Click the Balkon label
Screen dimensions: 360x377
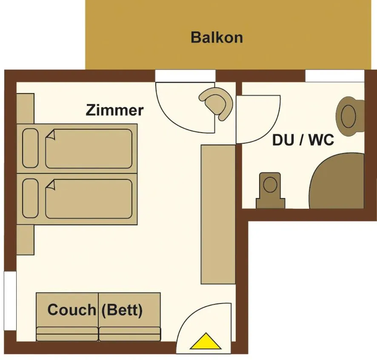pyautogui.click(x=217, y=37)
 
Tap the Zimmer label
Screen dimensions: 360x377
pyautogui.click(x=114, y=110)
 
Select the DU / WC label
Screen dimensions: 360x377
pyautogui.click(x=303, y=140)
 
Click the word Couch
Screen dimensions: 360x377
pyautogui.click(x=71, y=310)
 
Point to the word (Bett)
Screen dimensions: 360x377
pyautogui.click(x=122, y=310)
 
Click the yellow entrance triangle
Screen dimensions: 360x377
pyautogui.click(x=206, y=341)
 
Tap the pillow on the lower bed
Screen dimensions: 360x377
pyautogui.click(x=30, y=198)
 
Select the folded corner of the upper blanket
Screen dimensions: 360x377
pyautogui.click(x=51, y=135)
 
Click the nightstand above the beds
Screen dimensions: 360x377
pyautogui.click(x=25, y=108)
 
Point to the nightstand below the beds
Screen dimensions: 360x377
pyautogui.click(x=25, y=240)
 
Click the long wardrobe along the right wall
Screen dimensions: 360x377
pyautogui.click(x=218, y=214)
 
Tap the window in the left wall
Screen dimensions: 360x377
pyautogui.click(x=10, y=300)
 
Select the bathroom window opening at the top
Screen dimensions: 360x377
pyautogui.click(x=334, y=76)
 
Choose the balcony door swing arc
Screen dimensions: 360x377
pyautogui.click(x=184, y=106)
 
